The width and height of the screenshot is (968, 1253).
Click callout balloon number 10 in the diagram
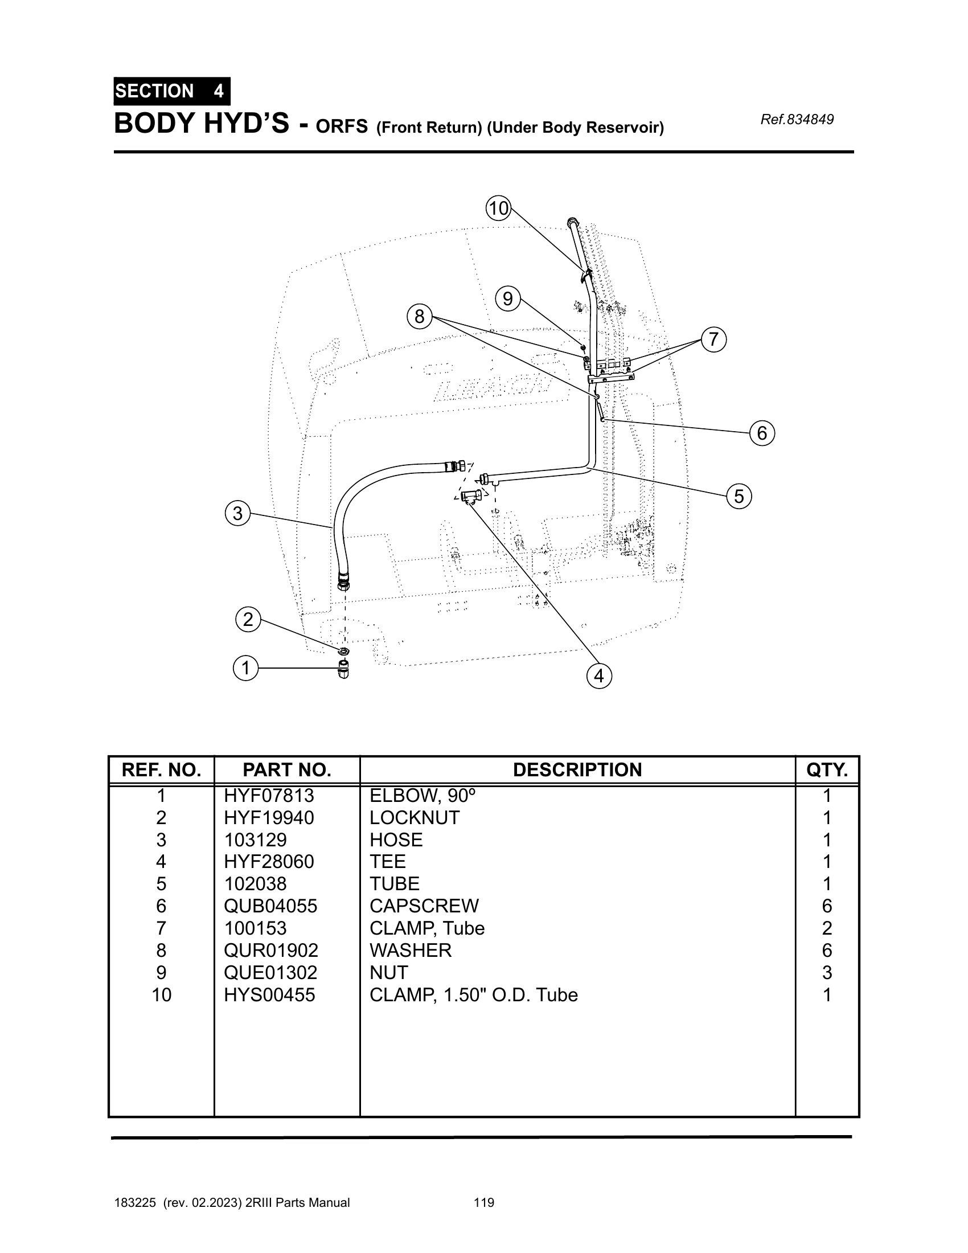tap(498, 208)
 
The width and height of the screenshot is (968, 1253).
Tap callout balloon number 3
tap(237, 513)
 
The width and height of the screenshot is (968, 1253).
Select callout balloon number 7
tap(713, 339)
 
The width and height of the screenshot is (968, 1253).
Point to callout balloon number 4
tap(599, 676)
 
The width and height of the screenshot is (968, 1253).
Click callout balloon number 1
tap(246, 669)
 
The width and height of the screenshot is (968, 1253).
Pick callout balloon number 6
tap(762, 433)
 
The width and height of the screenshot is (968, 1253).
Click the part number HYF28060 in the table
tap(269, 862)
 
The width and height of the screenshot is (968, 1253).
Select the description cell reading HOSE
tap(396, 840)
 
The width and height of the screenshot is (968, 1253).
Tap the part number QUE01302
tap(270, 972)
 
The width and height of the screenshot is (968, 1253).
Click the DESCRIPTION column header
tap(577, 770)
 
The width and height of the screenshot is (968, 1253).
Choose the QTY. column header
tap(827, 770)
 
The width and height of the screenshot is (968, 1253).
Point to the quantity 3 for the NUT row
tap(827, 972)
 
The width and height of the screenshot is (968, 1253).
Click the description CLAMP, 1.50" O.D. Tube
tap(474, 995)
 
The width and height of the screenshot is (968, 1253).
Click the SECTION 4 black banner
tap(171, 91)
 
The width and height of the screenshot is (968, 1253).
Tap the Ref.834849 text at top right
tap(797, 120)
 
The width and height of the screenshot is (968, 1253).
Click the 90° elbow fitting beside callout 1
tap(343, 670)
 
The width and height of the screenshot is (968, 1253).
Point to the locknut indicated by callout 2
tap(343, 651)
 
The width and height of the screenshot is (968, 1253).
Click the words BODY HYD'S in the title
tap(201, 124)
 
